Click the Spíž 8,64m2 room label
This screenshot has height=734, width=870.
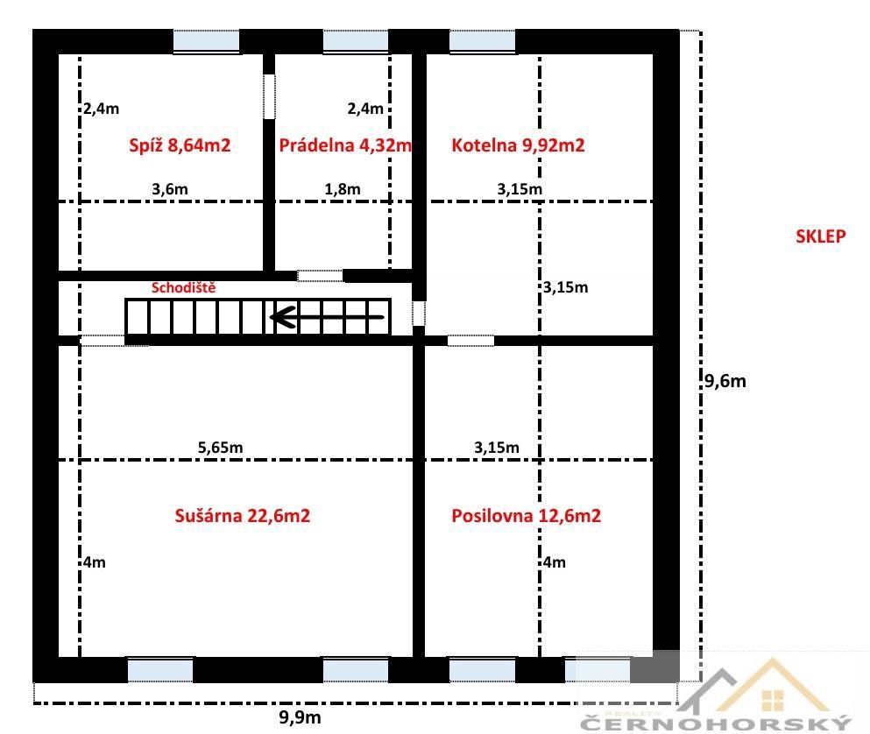180,145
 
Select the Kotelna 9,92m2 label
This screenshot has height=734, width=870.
518,145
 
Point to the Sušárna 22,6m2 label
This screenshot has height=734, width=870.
243,516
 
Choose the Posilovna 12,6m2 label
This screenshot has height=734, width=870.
526,516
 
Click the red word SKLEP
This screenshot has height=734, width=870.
821,236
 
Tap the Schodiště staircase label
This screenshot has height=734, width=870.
183,287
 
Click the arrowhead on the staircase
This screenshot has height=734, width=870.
282,317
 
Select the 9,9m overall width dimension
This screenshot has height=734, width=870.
300,717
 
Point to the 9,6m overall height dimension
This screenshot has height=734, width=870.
725,381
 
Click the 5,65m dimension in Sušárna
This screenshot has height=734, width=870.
220,448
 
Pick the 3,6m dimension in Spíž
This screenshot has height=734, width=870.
170,189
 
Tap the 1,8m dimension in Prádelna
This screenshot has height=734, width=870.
343,189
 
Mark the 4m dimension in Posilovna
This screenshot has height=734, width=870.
555,562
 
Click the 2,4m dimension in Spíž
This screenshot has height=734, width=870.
102,109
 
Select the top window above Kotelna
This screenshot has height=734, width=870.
482,41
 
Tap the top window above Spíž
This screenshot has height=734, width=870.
207,41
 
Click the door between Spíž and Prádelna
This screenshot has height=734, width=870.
269,96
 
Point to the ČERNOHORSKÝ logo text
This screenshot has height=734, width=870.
716,723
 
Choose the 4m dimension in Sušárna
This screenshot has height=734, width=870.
95,562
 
